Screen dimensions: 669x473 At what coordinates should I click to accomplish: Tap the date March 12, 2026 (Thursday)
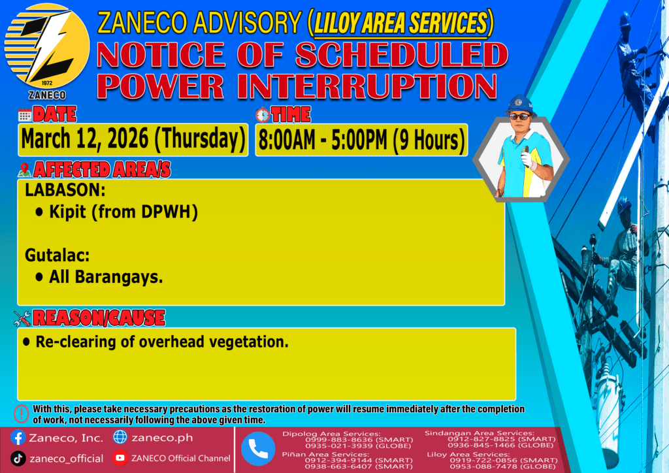133,139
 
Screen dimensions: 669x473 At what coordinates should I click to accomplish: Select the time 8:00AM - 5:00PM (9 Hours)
361,140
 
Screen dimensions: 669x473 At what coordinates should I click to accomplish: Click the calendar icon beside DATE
25,115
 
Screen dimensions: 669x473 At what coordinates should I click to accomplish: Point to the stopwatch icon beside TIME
263,115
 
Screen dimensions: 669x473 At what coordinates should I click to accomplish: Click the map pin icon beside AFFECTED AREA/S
24,170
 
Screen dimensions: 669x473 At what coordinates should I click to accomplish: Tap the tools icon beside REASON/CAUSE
22,318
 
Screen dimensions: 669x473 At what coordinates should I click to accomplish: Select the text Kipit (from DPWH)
123,212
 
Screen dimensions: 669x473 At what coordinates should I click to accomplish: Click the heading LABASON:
65,190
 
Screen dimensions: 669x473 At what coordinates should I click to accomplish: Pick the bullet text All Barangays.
106,277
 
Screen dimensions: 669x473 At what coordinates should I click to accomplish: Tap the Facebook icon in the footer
18,438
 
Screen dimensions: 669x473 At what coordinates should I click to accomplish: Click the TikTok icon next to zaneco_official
18,459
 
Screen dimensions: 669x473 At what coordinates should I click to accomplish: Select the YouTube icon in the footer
120,457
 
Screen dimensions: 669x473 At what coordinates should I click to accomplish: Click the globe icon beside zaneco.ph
120,437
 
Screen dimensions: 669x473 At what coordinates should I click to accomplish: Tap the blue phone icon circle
258,449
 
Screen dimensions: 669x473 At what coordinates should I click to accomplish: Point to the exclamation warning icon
21,414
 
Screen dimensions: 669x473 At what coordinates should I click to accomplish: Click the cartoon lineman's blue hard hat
519,105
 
